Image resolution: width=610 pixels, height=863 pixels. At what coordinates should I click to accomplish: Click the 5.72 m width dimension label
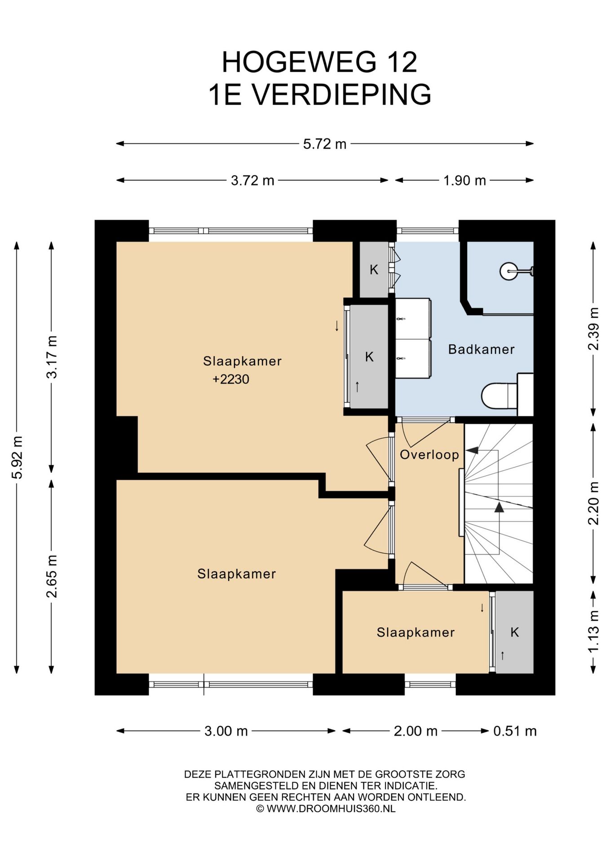[x=324, y=144]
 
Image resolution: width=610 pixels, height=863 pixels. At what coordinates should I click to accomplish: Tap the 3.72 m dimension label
[x=252, y=180]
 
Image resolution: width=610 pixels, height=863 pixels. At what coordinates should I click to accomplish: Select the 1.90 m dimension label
[x=464, y=180]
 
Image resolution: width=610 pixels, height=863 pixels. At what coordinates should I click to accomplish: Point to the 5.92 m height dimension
[x=17, y=457]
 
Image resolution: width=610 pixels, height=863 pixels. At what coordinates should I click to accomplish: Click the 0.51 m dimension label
[x=515, y=731]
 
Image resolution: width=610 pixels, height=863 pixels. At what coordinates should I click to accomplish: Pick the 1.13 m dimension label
[x=593, y=632]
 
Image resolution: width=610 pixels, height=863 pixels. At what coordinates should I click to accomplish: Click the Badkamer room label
[x=481, y=349]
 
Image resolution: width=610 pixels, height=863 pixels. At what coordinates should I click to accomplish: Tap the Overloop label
[x=429, y=455]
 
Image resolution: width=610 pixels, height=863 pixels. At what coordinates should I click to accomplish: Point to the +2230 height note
[x=231, y=379]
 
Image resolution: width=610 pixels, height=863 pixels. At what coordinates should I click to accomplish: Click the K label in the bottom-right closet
[x=515, y=632]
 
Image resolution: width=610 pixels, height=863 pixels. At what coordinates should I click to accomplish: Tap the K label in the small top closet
[x=374, y=270]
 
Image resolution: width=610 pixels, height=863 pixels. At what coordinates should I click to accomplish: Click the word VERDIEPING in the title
[x=341, y=94]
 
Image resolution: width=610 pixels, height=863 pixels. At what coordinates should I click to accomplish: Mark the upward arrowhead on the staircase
[x=499, y=507]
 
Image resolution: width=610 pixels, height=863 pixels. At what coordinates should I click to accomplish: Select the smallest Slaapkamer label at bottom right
[x=416, y=632]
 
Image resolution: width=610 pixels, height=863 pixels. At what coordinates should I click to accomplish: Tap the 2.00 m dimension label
[x=416, y=731]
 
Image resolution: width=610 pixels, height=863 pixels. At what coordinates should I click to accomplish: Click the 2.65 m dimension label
[x=52, y=576]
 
